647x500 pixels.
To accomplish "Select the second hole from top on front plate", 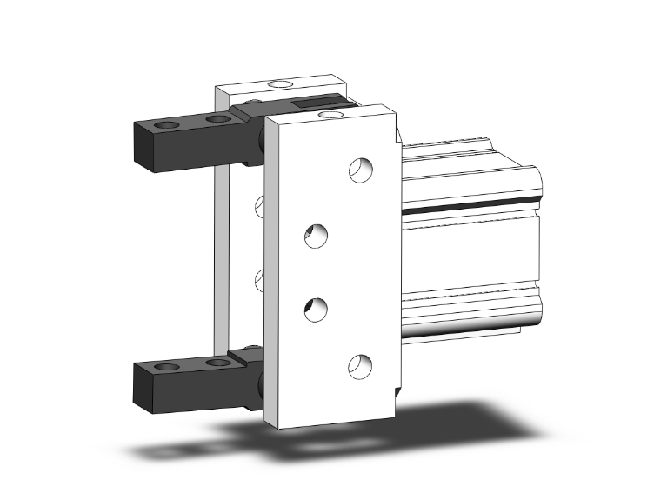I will (x=317, y=236).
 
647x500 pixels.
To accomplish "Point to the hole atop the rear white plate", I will (x=280, y=84).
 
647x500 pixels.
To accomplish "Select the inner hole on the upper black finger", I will (x=215, y=119).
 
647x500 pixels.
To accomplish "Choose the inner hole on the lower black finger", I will (x=215, y=362).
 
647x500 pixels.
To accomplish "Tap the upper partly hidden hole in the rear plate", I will (x=258, y=205).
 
